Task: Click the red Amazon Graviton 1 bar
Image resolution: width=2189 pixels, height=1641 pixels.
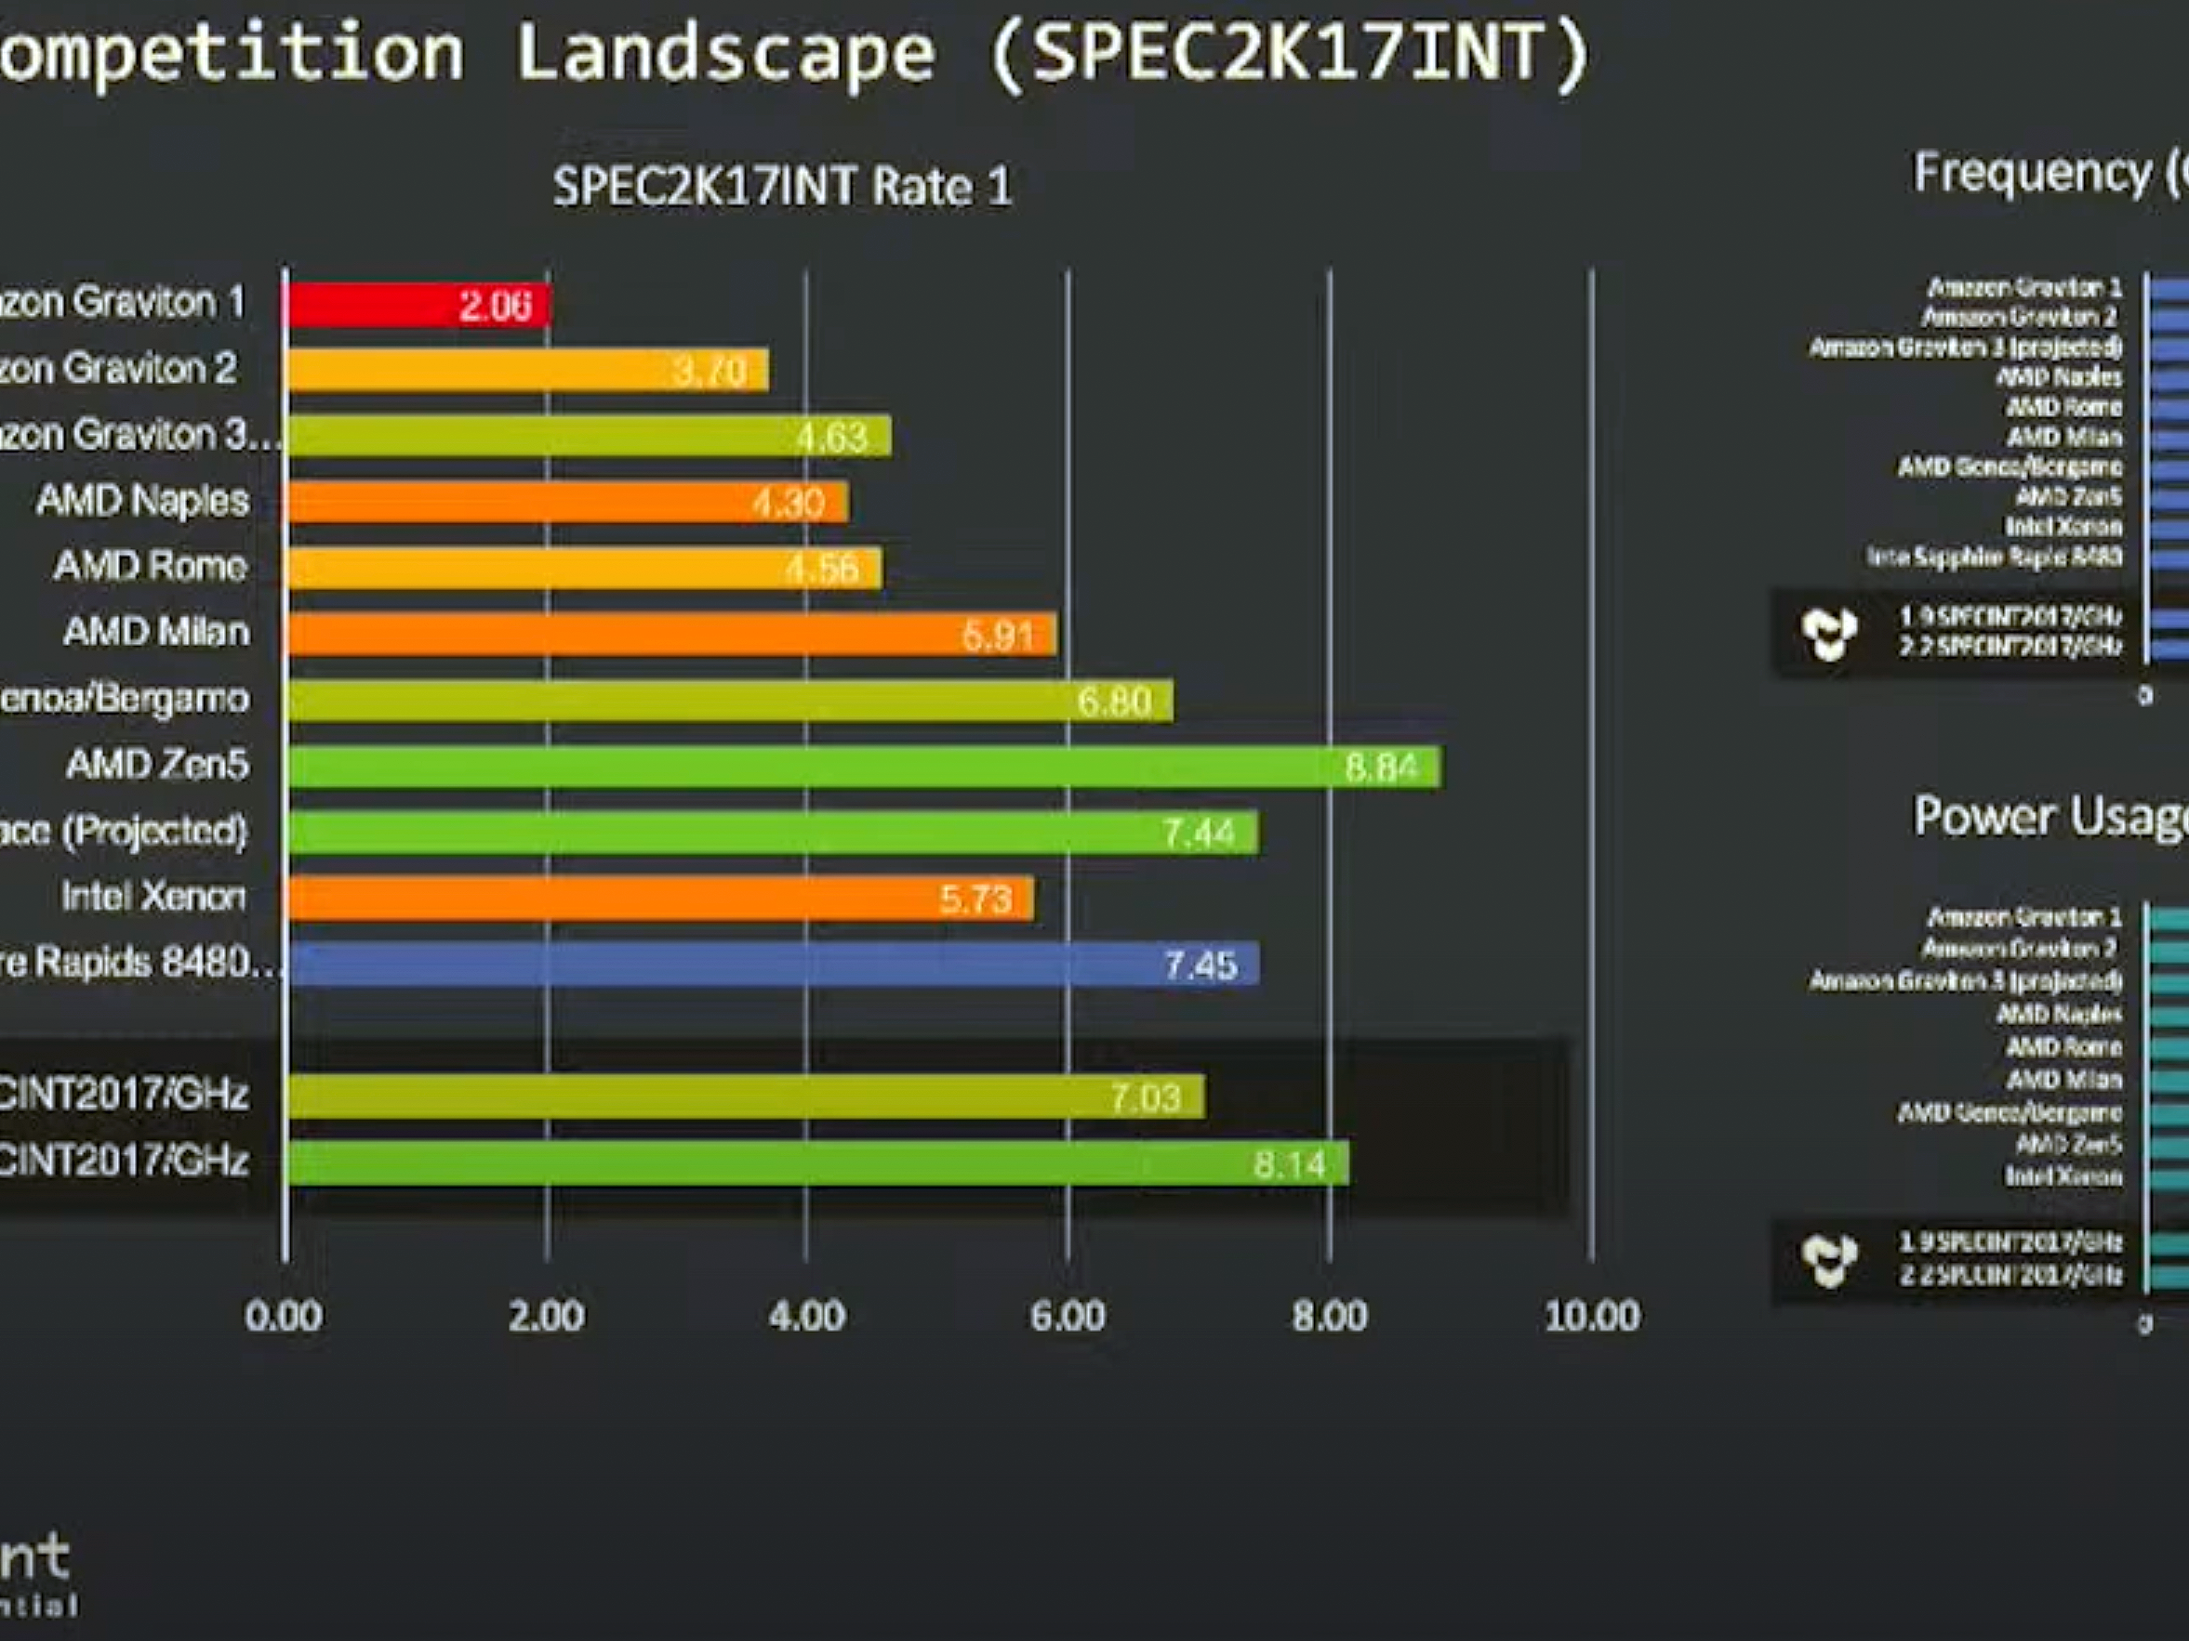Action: click(416, 305)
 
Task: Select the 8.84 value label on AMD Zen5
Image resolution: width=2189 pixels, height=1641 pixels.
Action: click(1382, 768)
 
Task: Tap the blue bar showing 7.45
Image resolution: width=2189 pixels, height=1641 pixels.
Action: click(772, 964)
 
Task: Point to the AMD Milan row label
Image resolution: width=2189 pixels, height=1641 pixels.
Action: click(156, 632)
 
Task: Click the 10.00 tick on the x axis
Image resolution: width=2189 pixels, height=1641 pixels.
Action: click(1592, 1316)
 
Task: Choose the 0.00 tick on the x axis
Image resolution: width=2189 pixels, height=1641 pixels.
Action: click(284, 1316)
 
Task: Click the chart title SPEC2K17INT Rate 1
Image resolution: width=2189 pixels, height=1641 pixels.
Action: click(782, 187)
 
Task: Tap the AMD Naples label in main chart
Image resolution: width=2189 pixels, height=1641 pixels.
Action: click(142, 501)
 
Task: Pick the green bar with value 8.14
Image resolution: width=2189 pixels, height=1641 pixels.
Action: click(816, 1163)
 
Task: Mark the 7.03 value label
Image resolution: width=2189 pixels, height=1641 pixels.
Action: click(1145, 1098)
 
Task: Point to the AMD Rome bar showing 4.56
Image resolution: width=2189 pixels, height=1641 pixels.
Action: click(584, 568)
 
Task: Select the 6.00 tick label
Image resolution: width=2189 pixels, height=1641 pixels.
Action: click(1068, 1316)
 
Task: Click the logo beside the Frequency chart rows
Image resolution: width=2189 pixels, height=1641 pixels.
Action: click(1829, 633)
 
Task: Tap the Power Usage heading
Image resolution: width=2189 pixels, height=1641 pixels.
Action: click(2049, 817)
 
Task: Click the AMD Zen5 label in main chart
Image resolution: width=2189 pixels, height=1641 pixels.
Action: click(157, 765)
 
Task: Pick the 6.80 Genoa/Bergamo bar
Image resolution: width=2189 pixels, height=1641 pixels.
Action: click(729, 701)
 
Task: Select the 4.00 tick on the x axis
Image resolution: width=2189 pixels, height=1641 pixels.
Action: click(806, 1316)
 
